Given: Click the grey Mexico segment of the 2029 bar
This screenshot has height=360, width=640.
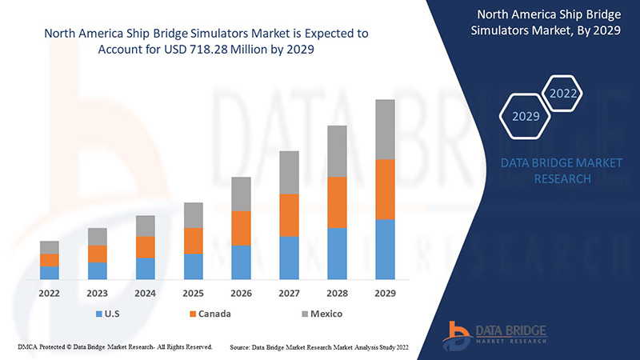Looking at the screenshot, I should tap(386, 130).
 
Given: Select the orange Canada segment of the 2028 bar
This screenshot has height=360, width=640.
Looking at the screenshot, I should tap(338, 202).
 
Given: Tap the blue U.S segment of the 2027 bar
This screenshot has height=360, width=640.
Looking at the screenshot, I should tap(290, 258).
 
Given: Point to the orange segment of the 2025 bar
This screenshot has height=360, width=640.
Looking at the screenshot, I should tap(194, 241).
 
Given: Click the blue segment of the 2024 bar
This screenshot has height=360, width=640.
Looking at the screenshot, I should tap(146, 269).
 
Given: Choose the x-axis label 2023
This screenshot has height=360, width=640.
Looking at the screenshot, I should tap(98, 293).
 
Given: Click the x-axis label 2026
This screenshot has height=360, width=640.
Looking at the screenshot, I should tap(242, 293).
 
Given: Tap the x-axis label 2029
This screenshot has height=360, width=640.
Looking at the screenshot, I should tap(386, 293).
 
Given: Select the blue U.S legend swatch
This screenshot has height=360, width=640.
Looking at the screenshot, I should tap(98, 314).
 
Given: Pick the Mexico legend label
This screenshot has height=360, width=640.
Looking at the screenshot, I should tap(326, 314).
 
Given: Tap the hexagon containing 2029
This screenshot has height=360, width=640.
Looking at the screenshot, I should tap(525, 116).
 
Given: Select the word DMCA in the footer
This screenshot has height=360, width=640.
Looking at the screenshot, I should tap(28, 347).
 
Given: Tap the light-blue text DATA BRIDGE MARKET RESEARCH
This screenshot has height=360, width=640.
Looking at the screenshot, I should tap(561, 170).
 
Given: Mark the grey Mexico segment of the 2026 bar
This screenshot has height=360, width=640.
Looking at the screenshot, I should tap(242, 194).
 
